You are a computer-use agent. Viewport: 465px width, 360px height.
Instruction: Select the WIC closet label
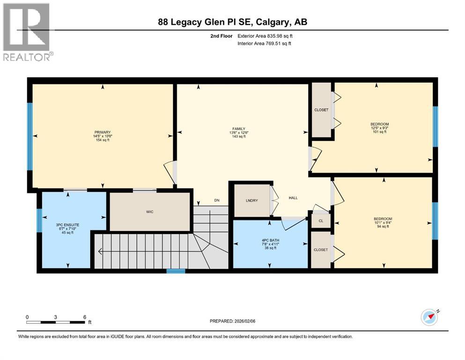[150, 212]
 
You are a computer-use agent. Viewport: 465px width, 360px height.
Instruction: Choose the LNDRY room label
[252, 201]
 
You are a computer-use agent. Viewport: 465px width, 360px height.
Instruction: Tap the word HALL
[293, 198]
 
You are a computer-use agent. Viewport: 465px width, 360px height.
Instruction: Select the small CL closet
[321, 220]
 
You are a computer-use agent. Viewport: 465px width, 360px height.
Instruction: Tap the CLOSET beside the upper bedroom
[321, 110]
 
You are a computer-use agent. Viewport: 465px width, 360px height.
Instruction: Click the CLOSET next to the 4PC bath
[321, 250]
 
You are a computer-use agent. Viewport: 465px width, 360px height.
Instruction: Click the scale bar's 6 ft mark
[84, 317]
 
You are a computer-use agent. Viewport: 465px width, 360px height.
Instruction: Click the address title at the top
[232, 22]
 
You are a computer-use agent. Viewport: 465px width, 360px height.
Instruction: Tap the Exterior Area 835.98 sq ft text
[266, 36]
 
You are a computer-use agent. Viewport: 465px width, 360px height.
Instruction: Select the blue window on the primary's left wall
[30, 136]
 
